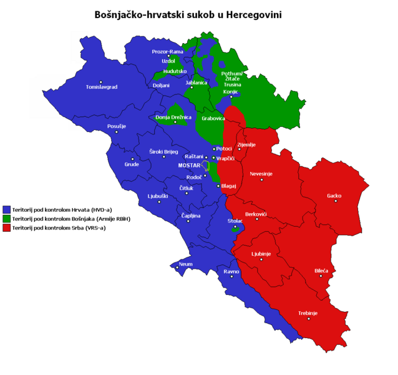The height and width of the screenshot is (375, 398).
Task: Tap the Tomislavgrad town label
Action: click(x=101, y=87)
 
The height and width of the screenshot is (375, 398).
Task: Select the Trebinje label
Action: click(x=308, y=312)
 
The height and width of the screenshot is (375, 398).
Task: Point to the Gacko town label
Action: click(x=334, y=196)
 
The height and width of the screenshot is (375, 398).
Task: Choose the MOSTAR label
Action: click(x=189, y=166)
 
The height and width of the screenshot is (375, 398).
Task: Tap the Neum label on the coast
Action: click(x=186, y=264)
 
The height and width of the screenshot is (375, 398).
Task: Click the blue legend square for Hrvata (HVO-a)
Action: click(x=7, y=209)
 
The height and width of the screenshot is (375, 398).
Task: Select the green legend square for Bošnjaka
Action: click(x=7, y=219)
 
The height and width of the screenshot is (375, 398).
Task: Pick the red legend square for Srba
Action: click(x=7, y=228)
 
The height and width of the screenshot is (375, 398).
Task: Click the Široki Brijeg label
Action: click(x=163, y=152)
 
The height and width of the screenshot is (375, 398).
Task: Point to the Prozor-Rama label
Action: click(x=167, y=51)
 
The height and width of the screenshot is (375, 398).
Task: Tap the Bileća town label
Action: click(x=321, y=271)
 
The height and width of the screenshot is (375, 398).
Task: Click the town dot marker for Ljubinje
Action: click(x=261, y=260)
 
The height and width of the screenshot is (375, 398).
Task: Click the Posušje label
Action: click(x=117, y=126)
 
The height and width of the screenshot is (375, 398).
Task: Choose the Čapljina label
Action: click(x=190, y=216)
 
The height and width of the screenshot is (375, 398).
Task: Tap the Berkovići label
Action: click(x=256, y=214)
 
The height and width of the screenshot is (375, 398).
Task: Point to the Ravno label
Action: click(x=231, y=272)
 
